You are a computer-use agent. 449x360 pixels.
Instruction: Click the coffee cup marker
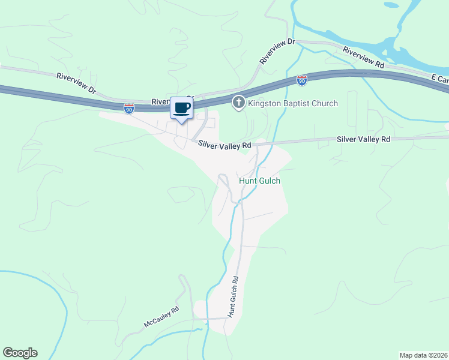coord(181,109)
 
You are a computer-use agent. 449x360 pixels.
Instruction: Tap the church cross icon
coord(238,103)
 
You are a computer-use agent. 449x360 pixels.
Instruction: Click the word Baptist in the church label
coord(300,103)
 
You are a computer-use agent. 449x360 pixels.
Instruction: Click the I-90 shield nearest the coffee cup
coord(129,108)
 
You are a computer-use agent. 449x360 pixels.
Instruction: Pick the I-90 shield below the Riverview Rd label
coord(302,80)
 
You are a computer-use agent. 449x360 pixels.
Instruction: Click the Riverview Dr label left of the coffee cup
coord(76,83)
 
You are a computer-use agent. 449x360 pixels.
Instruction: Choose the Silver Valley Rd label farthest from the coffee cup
coord(363,139)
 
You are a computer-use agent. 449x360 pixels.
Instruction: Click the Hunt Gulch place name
coord(259,180)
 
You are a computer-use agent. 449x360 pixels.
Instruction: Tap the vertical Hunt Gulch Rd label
coord(232,296)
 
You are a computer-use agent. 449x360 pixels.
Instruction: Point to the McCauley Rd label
coord(161,318)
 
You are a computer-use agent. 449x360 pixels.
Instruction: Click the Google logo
coord(20,353)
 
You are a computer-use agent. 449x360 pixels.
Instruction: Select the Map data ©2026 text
coord(423,355)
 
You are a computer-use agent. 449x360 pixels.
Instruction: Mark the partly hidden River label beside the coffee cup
coord(161,101)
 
